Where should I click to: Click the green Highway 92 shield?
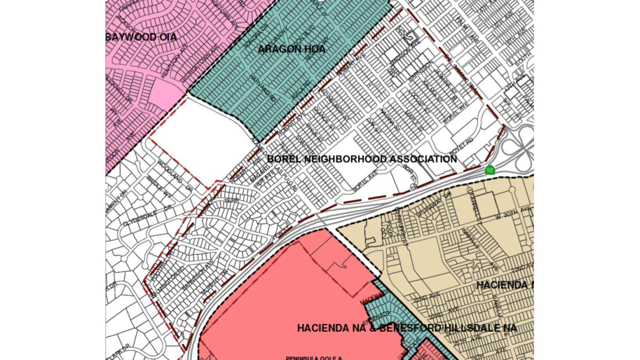[x=490, y=170]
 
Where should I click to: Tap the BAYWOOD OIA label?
[x=141, y=37]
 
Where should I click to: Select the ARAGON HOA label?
[x=291, y=49]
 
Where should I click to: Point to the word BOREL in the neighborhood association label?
[x=283, y=159]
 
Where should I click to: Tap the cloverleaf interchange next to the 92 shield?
[x=517, y=145]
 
